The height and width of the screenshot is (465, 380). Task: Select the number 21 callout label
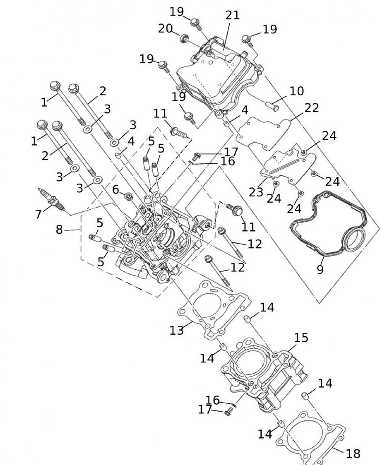click(x=232, y=15)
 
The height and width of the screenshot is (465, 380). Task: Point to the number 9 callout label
click(x=320, y=269)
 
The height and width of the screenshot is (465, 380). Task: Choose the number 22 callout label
click(x=312, y=108)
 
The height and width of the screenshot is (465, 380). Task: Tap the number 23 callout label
click(x=255, y=192)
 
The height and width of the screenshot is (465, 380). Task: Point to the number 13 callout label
click(x=177, y=330)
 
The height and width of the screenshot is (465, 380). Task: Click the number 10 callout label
click(x=296, y=91)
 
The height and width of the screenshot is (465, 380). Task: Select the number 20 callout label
click(x=165, y=28)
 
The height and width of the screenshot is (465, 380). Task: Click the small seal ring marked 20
click(x=184, y=38)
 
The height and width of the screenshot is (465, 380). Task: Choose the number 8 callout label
click(x=59, y=230)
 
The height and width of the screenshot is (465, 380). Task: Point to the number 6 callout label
click(x=115, y=188)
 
